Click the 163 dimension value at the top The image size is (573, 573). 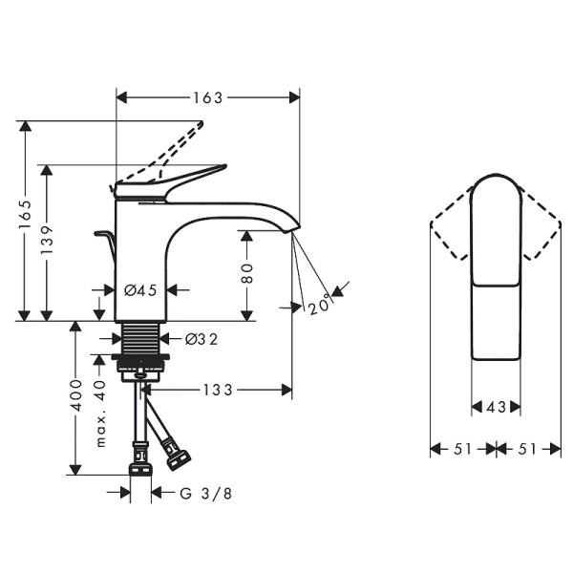coord(207,97)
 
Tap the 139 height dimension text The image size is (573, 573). coord(50,242)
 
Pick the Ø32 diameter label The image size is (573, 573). coord(200,337)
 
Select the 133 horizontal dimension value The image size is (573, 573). coord(221,390)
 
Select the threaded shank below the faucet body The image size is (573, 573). coord(140,337)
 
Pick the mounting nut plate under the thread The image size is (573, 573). coord(141,362)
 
